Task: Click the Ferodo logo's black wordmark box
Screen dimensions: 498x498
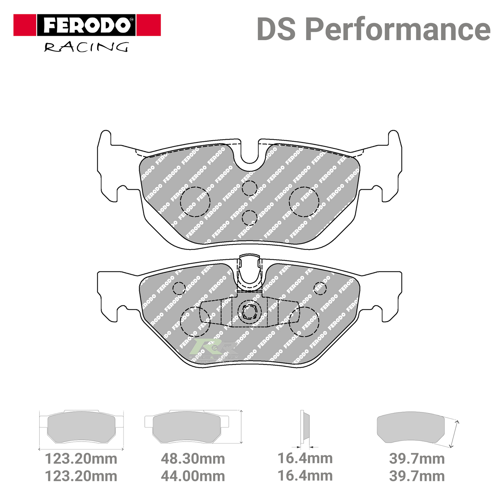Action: click(86, 25)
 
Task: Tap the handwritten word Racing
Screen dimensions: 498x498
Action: click(86, 47)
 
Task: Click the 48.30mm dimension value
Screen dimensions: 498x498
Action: click(193, 459)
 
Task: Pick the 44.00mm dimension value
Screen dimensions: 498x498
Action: click(193, 476)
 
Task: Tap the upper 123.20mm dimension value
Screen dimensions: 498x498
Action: click(81, 459)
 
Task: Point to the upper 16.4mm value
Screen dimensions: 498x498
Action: click(305, 458)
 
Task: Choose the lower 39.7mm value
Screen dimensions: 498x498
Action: click(417, 476)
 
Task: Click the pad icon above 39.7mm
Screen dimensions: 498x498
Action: click(411, 427)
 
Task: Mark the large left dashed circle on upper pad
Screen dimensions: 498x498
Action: click(195, 202)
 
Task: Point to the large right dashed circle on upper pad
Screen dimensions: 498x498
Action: click(304, 202)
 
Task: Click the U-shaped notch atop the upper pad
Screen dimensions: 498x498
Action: click(250, 153)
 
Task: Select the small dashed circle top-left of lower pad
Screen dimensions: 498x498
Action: click(179, 288)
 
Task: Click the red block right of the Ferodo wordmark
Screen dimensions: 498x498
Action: click(148, 25)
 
